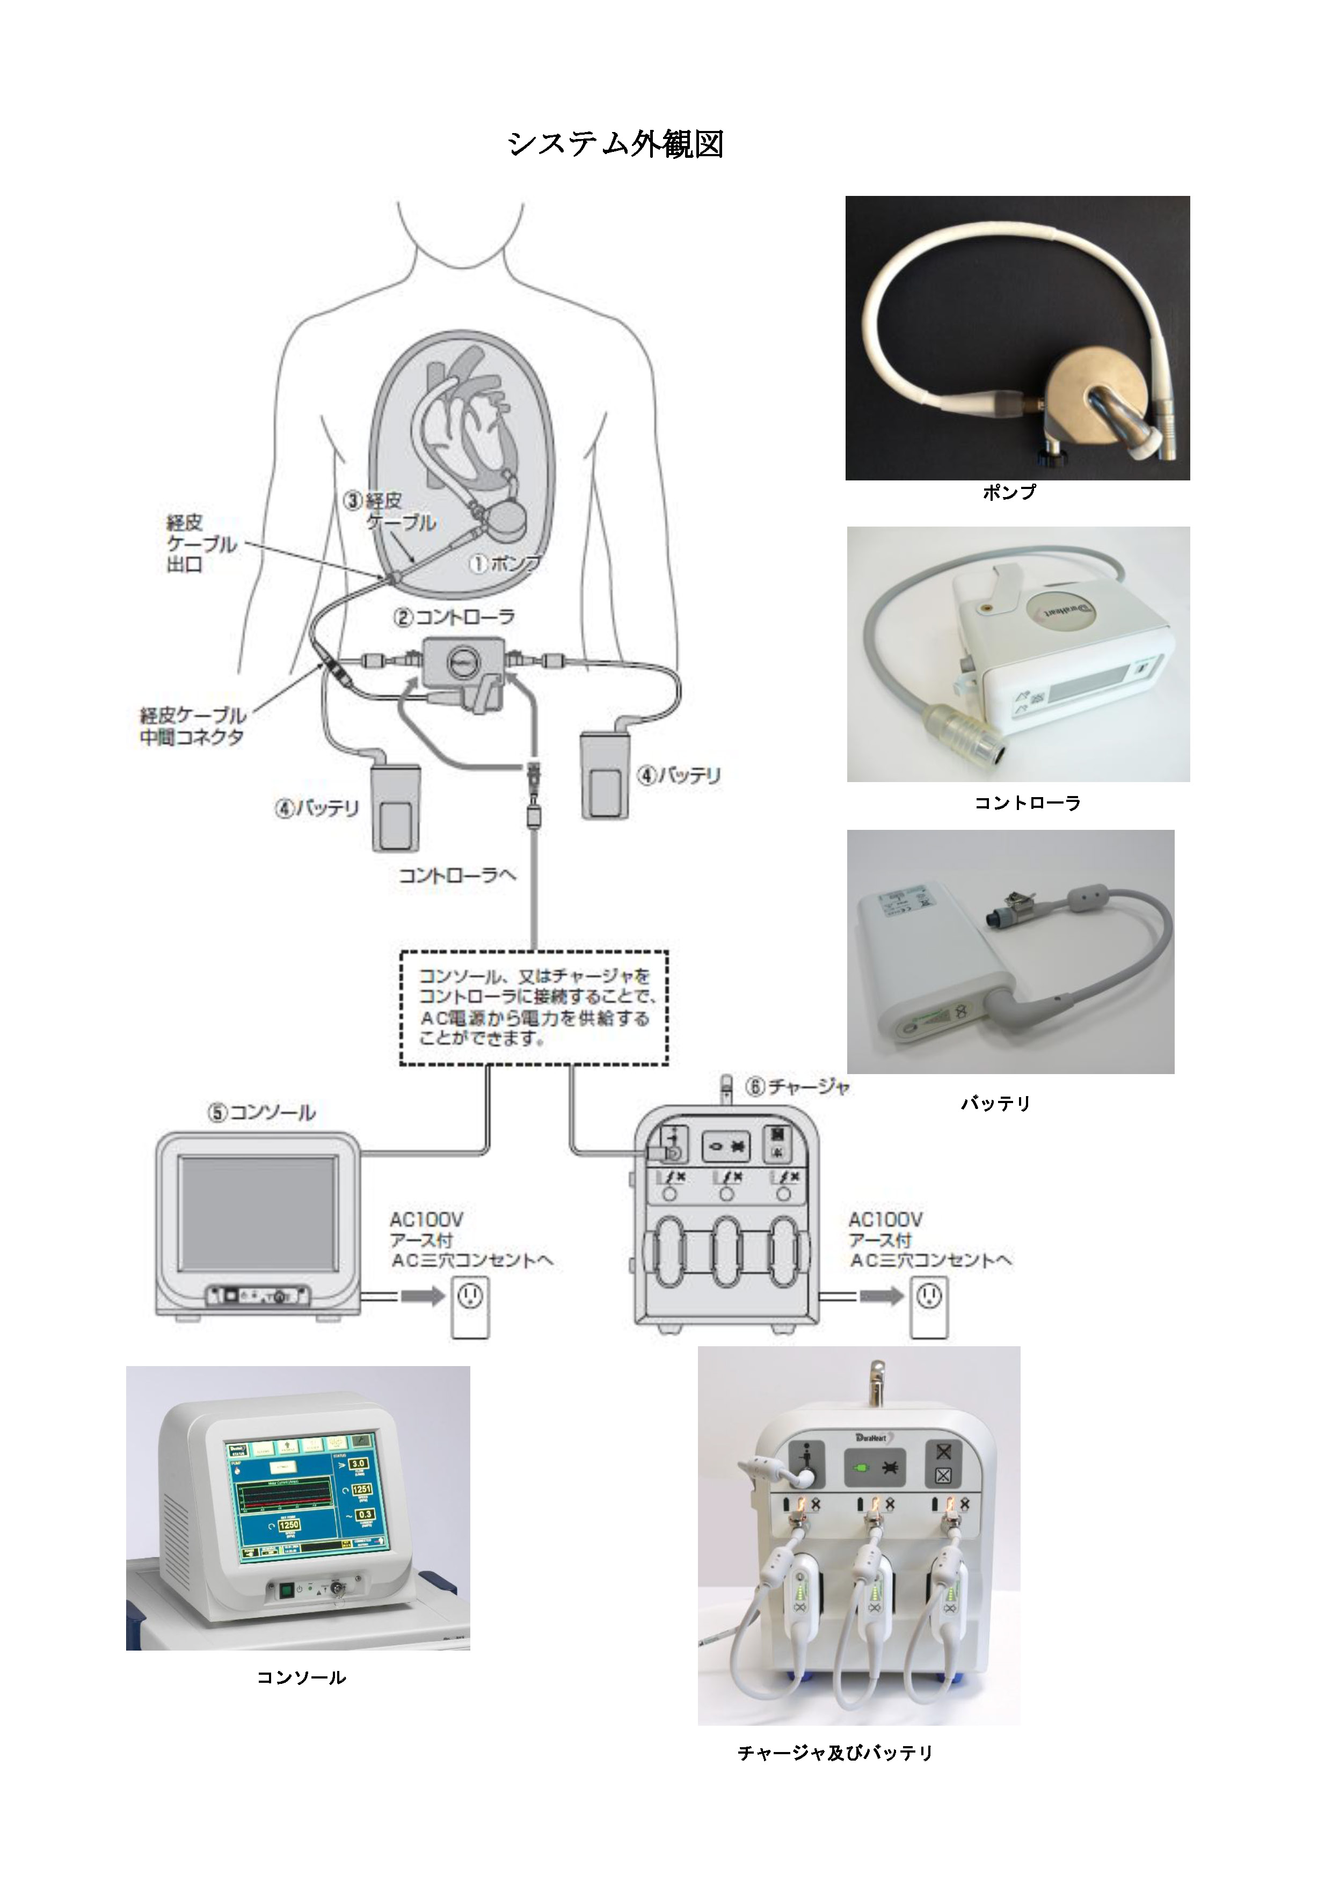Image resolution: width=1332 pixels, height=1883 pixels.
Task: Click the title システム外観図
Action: click(x=615, y=144)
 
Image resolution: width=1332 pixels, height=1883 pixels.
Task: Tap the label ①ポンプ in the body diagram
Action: click(x=504, y=564)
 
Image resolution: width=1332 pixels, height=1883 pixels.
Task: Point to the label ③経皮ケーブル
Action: click(x=390, y=511)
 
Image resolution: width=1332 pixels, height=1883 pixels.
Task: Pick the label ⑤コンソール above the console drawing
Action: click(x=261, y=1113)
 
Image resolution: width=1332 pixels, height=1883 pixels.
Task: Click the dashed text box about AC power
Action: click(x=534, y=1008)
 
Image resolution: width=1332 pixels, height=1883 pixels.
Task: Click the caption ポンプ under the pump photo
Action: click(x=1010, y=492)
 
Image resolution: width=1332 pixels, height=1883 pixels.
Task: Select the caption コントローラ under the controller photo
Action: click(x=1027, y=803)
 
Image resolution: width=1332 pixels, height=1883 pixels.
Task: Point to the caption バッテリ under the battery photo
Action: click(x=995, y=1104)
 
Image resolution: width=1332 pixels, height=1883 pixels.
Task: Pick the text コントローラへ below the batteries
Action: click(x=457, y=876)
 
